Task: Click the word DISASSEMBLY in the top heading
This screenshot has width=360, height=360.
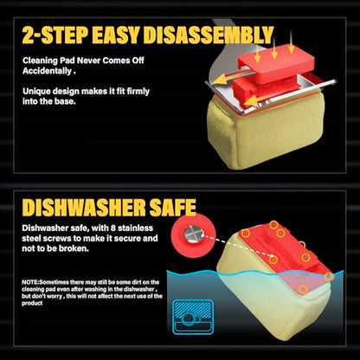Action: [x=208, y=35]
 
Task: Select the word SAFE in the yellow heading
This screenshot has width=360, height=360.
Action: [x=173, y=208]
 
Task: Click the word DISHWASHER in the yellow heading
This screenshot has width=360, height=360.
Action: [x=84, y=208]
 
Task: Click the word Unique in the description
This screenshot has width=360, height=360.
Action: [x=36, y=92]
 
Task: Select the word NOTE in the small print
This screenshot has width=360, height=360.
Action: [x=30, y=282]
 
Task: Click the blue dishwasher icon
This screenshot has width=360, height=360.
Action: [x=193, y=317]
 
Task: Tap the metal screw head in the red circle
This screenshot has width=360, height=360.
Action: [x=194, y=234]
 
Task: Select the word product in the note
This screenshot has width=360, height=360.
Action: [x=32, y=303]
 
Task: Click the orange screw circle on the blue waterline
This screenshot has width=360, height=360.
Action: [x=329, y=277]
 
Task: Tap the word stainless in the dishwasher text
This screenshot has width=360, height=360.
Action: [x=135, y=228]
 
